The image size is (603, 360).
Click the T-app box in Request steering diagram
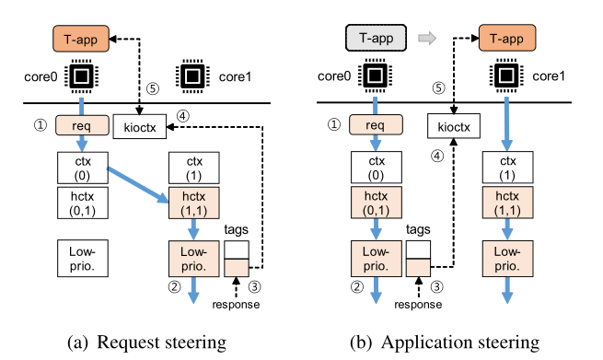click(81, 39)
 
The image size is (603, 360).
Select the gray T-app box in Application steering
click(377, 38)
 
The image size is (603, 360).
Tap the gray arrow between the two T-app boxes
click(427, 38)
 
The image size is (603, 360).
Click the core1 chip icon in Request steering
click(192, 76)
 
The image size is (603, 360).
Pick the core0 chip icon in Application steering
click(375, 75)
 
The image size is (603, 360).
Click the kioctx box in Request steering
click(140, 126)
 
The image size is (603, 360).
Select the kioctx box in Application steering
click(454, 126)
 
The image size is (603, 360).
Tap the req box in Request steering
click(82, 125)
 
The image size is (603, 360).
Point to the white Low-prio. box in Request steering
click(83, 259)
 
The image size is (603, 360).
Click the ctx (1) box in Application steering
click(507, 168)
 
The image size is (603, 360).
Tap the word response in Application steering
click(418, 305)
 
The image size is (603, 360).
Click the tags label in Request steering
click(236, 229)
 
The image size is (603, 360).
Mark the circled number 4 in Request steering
click(183, 116)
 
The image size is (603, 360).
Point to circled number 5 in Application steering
click(438, 88)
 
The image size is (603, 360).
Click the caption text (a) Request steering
click(147, 343)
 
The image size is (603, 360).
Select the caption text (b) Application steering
click(445, 343)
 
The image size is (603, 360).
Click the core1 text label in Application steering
click(549, 76)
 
